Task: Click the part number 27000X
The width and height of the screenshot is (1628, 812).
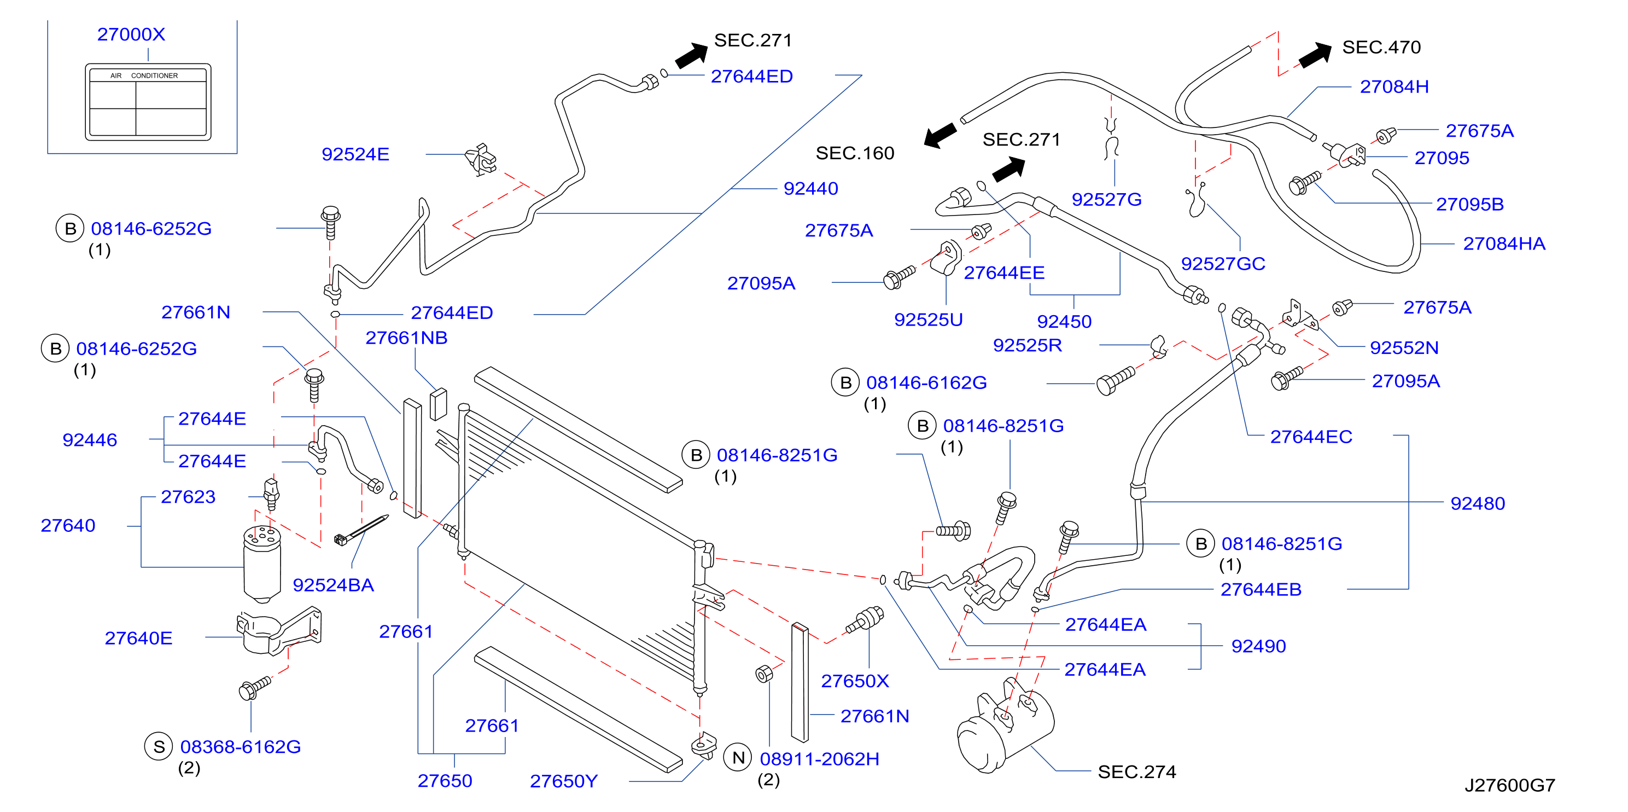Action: click(131, 34)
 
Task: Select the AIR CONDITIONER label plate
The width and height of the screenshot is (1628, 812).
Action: click(148, 101)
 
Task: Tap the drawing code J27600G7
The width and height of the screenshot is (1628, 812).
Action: click(1510, 785)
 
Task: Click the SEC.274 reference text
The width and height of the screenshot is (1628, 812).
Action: click(1136, 772)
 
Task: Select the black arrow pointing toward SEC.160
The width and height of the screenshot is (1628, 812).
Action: click(941, 135)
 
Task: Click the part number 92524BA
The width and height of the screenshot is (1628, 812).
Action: click(333, 585)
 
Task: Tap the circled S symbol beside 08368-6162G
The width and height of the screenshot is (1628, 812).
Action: click(159, 747)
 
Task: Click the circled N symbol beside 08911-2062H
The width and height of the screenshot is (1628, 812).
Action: click(738, 758)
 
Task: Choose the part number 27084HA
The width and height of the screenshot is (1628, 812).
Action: click(1504, 243)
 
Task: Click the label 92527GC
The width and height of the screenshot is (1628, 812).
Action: click(1223, 264)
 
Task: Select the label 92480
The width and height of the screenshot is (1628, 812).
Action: click(1478, 503)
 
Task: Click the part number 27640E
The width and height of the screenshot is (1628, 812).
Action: click(138, 638)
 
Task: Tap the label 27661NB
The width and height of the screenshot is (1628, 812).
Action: click(406, 338)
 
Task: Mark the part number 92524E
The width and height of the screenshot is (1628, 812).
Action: click(355, 154)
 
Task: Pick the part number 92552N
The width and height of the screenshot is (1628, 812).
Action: click(1404, 348)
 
